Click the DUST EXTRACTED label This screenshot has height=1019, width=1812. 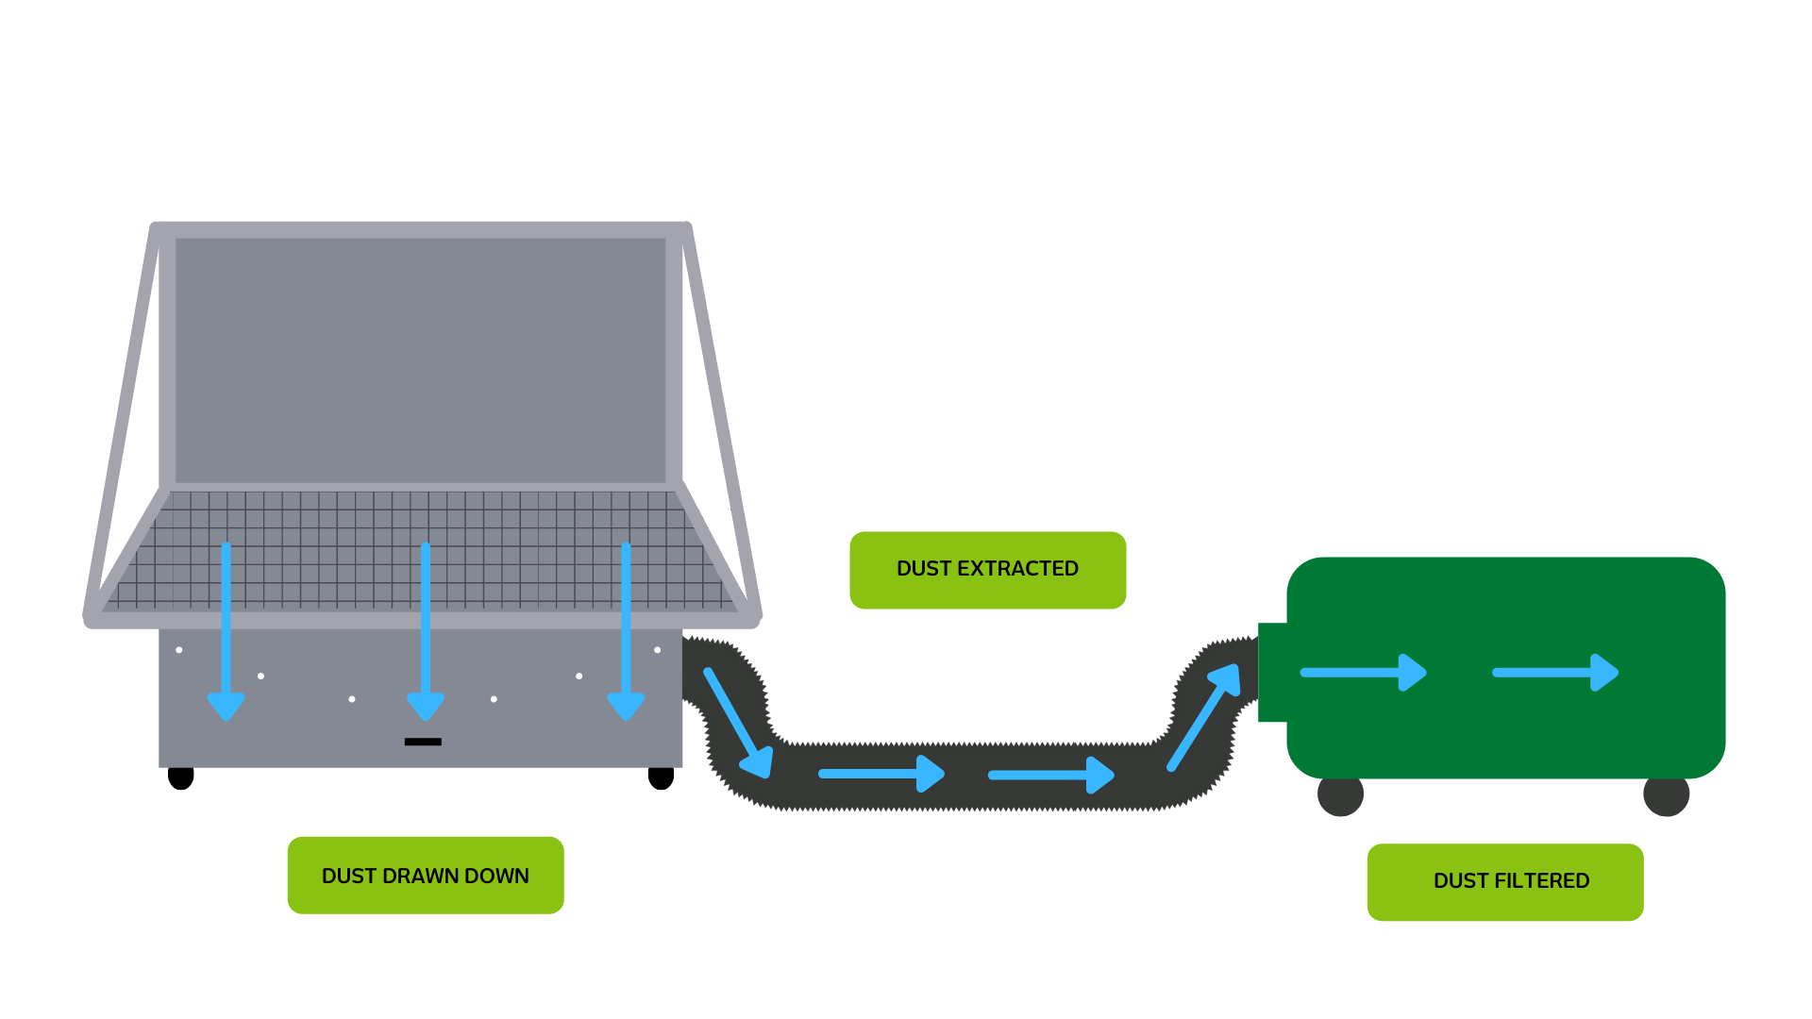click(x=987, y=570)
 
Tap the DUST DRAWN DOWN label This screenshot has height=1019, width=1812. click(x=425, y=876)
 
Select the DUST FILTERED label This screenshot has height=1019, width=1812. click(x=1505, y=881)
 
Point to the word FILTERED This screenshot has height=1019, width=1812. click(x=1542, y=881)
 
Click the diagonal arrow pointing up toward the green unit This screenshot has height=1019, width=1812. click(x=1204, y=717)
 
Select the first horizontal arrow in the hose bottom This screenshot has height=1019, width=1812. click(x=881, y=774)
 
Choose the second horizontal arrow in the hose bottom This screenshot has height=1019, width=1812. click(x=1051, y=775)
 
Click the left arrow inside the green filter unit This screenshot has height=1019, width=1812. click(x=1363, y=673)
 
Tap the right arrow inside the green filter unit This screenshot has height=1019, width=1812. click(x=1555, y=673)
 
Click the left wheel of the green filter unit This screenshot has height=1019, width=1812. click(x=1340, y=795)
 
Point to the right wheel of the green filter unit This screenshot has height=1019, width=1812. click(x=1666, y=795)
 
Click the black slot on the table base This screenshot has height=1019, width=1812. click(x=423, y=742)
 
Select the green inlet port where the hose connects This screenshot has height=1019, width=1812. click(x=1272, y=672)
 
